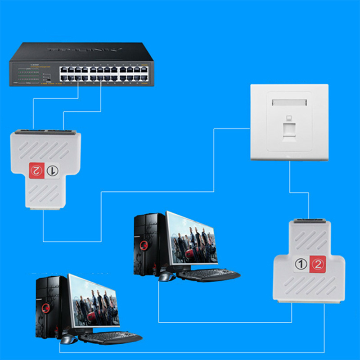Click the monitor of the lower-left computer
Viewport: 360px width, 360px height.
[x=93, y=301]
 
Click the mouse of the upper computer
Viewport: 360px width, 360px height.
[x=167, y=276]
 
